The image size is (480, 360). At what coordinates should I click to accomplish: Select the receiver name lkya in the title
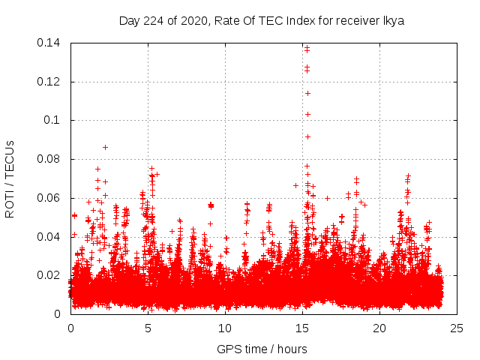392,21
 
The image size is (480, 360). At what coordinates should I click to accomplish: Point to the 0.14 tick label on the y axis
50,43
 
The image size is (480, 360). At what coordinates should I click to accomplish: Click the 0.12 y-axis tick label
50,82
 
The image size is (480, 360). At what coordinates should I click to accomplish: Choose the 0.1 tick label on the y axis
54,120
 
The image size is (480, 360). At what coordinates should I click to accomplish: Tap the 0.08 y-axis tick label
50,159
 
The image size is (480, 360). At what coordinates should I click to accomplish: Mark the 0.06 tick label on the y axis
50,198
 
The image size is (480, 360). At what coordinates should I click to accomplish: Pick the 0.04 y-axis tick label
50,237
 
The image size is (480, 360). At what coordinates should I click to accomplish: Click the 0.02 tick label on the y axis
50,275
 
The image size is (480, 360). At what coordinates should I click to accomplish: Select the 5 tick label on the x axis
148,328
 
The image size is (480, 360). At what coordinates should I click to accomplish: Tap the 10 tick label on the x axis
225,328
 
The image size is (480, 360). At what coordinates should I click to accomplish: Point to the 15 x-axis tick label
302,328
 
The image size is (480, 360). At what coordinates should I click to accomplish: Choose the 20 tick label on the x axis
379,328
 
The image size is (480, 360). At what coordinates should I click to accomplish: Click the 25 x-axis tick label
457,328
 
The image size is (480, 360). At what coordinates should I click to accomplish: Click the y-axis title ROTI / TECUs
10,178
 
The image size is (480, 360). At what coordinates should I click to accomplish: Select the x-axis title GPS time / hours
262,349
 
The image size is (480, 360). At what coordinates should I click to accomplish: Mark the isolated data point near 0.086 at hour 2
106,147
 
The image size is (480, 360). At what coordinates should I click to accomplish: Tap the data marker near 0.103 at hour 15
307,115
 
